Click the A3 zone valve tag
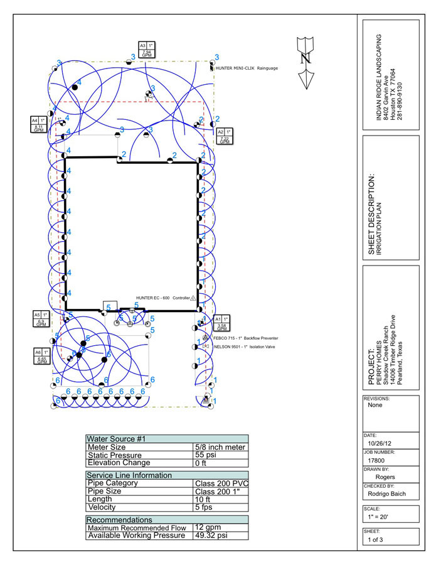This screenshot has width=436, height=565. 147,50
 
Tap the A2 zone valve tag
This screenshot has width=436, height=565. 225,136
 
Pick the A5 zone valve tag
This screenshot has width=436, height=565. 41,319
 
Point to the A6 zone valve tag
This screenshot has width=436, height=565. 42,357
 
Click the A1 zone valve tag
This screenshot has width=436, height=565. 222,323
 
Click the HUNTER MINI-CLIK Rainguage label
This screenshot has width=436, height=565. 247,68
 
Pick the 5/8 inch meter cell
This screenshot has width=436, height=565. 220,447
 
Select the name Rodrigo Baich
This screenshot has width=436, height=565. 386,493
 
